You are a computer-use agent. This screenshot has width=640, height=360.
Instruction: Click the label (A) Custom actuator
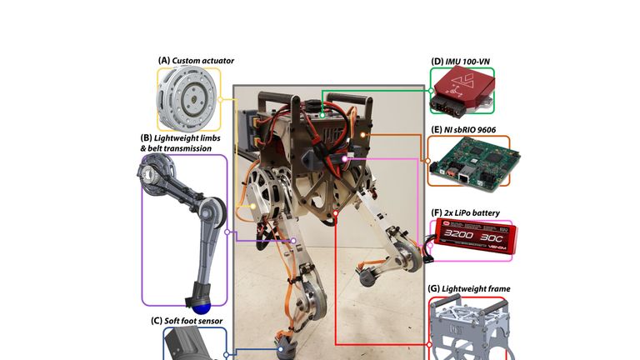click(196, 60)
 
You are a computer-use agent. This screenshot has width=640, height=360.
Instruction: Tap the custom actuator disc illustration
click(188, 99)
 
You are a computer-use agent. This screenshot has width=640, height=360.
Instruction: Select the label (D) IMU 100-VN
click(460, 62)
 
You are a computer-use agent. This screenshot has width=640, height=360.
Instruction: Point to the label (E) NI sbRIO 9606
click(463, 130)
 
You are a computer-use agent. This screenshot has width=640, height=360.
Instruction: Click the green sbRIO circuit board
click(474, 163)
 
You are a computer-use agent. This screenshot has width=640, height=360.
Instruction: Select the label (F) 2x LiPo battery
click(465, 212)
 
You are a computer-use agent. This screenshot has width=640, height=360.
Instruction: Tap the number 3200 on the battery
click(459, 234)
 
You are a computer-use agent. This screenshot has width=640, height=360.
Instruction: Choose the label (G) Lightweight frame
click(469, 288)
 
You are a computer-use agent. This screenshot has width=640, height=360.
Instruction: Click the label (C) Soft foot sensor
click(187, 321)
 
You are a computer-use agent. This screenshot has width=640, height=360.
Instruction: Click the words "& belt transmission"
click(176, 148)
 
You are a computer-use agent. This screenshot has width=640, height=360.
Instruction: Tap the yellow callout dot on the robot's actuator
click(253, 206)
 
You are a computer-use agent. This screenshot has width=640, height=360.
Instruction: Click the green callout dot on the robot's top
click(322, 116)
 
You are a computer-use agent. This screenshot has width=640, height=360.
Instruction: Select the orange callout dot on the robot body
click(362, 134)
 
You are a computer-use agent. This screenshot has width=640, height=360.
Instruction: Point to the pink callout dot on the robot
click(345, 158)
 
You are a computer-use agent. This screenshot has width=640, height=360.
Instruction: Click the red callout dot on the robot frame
click(336, 212)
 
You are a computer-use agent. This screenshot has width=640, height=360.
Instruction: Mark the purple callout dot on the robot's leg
click(293, 241)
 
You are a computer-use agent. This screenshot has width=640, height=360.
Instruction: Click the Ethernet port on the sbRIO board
click(463, 178)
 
